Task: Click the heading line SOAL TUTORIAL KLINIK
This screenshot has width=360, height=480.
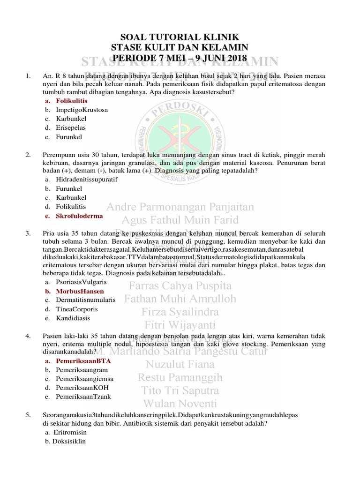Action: coord(180,37)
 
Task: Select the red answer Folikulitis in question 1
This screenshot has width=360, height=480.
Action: coord(72,101)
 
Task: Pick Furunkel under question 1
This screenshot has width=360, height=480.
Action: coord(69,137)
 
